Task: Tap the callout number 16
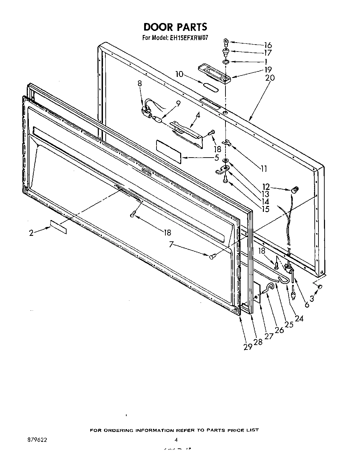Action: pyautogui.click(x=268, y=45)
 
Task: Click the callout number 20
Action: pyautogui.click(x=270, y=78)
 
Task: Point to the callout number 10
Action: pyautogui.click(x=179, y=74)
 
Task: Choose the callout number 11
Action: pyautogui.click(x=264, y=168)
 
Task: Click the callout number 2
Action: pyautogui.click(x=31, y=233)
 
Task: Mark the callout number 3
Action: pyautogui.click(x=312, y=298)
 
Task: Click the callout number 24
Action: pyautogui.click(x=299, y=318)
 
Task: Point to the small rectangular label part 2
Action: pyautogui.click(x=58, y=227)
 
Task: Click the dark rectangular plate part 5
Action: pyautogui.click(x=169, y=150)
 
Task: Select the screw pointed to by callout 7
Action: pyautogui.click(x=212, y=256)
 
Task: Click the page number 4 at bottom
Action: pyautogui.click(x=176, y=439)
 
